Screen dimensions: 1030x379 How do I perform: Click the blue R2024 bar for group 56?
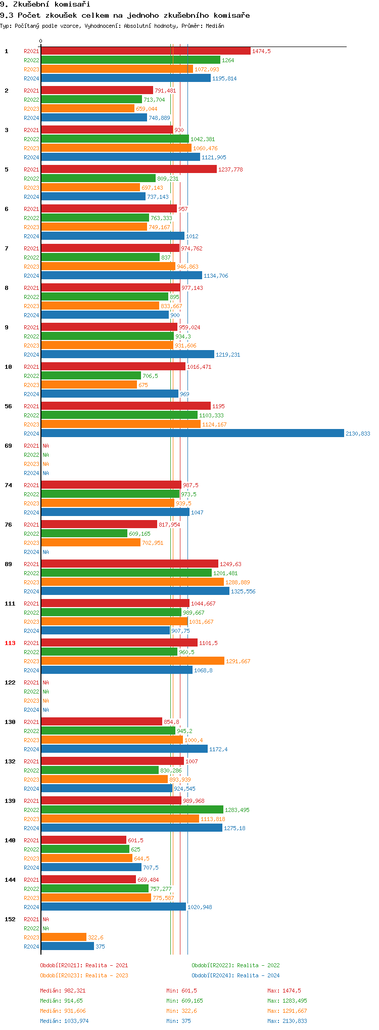[x=192, y=433]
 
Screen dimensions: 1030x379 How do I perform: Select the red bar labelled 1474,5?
[x=146, y=51]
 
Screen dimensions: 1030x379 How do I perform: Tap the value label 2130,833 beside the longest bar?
[x=358, y=434]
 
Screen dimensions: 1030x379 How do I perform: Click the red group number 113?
[x=10, y=643]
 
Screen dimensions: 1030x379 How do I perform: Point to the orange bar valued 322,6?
[x=64, y=937]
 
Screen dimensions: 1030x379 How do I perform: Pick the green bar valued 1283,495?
[x=132, y=809]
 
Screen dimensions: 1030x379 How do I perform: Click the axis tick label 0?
[x=41, y=41]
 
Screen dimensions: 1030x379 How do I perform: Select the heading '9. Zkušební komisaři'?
[x=45, y=5]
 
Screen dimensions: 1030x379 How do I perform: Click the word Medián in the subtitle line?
[x=215, y=26]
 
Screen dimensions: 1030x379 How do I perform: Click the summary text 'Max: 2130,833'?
[x=287, y=1021]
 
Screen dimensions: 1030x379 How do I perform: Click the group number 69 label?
[x=8, y=446]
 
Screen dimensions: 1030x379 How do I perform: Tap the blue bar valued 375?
[x=67, y=946]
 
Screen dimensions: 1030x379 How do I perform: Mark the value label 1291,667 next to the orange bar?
[x=238, y=661]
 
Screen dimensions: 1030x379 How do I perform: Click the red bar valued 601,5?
[x=83, y=840]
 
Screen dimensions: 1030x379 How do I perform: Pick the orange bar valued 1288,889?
[x=132, y=582]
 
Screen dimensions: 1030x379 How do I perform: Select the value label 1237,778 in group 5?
[x=230, y=169]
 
